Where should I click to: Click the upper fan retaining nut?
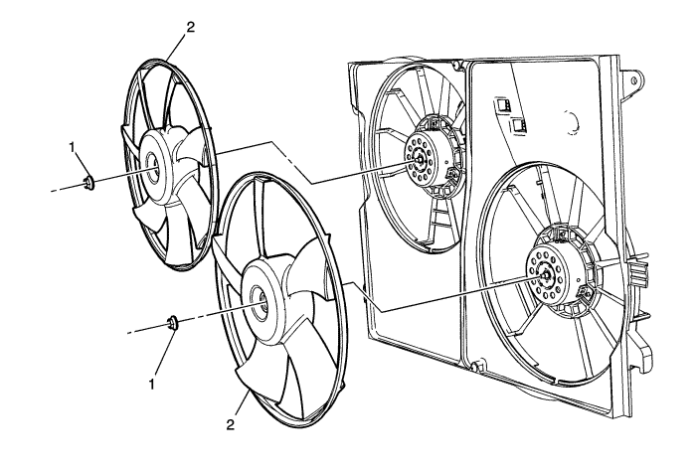(x=88, y=181)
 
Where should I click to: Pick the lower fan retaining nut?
(x=173, y=322)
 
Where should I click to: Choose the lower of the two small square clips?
(x=517, y=124)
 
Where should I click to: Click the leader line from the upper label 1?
(x=81, y=163)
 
